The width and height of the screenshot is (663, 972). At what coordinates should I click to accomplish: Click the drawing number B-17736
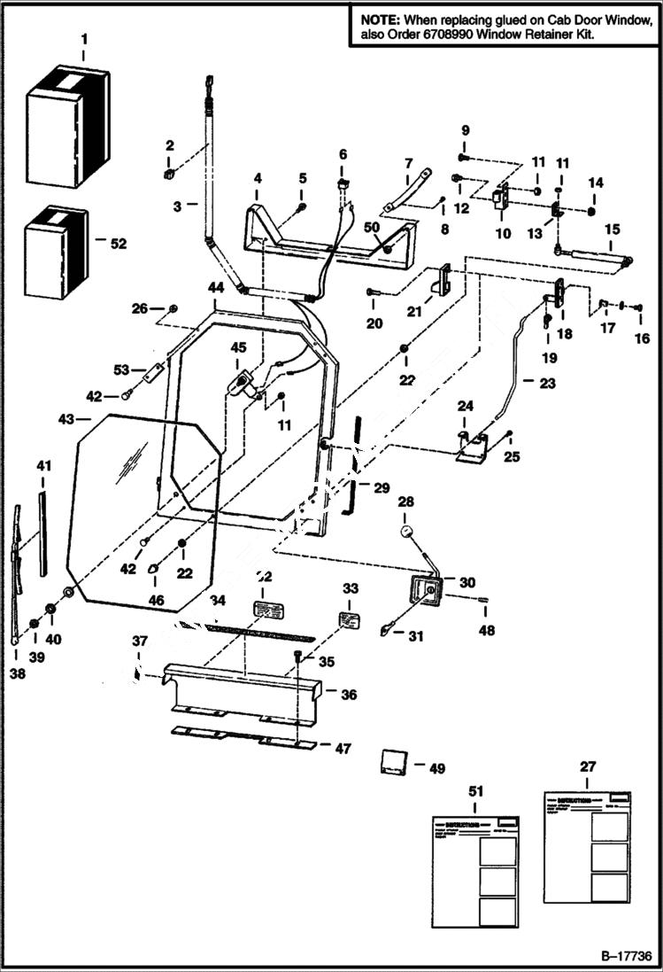[625, 957]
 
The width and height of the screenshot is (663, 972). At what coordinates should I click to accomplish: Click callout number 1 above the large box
[84, 39]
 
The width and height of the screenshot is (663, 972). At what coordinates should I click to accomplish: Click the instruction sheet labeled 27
[588, 846]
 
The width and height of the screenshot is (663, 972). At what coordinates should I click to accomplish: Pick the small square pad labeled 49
[392, 761]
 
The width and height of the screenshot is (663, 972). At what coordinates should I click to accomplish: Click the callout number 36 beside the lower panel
[349, 696]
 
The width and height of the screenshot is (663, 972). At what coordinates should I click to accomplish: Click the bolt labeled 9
[466, 157]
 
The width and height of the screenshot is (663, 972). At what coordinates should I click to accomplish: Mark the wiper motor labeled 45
[243, 385]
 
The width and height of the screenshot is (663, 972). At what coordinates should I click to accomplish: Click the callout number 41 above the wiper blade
[43, 465]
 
